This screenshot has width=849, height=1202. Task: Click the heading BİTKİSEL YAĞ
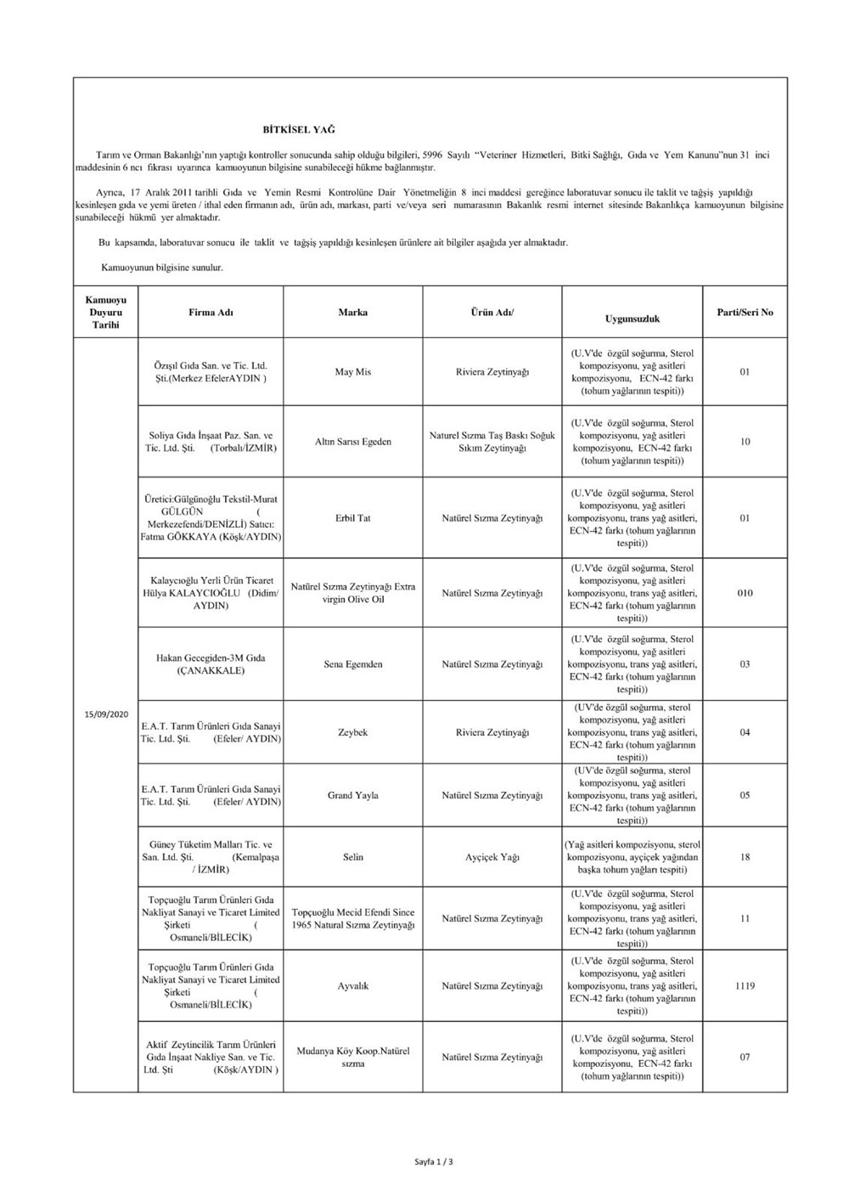coord(299,130)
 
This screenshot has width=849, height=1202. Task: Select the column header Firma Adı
coord(211,313)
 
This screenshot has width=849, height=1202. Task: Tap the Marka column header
coord(353,313)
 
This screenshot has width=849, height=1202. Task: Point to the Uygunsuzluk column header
coord(632,319)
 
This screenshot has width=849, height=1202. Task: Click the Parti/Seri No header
coord(745,313)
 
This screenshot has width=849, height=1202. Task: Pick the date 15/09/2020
coord(106,714)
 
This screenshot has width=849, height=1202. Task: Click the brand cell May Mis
coord(353,372)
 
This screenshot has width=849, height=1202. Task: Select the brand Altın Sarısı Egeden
coord(353,442)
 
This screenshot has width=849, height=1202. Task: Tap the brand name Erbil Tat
coord(353,518)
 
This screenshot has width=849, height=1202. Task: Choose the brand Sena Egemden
coord(353,664)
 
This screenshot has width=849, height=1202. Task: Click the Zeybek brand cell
coord(353,732)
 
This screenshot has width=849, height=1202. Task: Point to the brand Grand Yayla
coord(353,796)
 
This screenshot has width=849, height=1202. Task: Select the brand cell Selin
coord(353,857)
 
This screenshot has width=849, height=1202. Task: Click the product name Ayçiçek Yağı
coord(492,857)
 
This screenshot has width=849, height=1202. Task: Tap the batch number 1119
coord(745,986)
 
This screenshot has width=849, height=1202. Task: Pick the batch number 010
coord(745,593)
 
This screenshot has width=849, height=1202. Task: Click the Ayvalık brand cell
coord(353,986)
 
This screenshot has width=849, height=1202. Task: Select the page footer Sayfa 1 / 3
coord(434,1161)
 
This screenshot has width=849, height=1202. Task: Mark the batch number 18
coord(745,857)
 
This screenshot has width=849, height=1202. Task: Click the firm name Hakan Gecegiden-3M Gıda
coord(211,658)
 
